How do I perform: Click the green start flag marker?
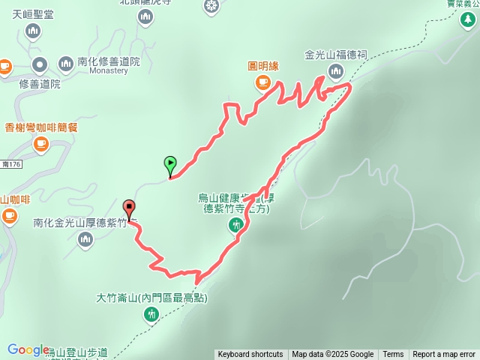[x=170, y=162]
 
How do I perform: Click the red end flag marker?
[x=129, y=207]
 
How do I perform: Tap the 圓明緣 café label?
[x=263, y=66]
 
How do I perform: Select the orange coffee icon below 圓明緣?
[x=262, y=82]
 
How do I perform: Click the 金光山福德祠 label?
[x=335, y=55]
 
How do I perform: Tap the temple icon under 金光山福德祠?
[x=334, y=72]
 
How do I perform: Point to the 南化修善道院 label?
[x=109, y=61]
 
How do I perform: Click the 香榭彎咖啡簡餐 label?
[x=41, y=127]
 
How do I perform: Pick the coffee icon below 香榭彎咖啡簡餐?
[x=40, y=142]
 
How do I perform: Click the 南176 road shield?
[x=10, y=164]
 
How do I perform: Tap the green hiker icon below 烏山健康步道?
[x=233, y=225]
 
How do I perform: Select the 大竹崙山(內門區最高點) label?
[x=151, y=298]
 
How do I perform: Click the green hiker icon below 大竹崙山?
[x=151, y=314]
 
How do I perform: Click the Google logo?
[x=28, y=349]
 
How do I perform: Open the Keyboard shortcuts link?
[x=250, y=355]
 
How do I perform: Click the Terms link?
[x=393, y=355]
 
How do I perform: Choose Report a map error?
[x=444, y=355]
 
